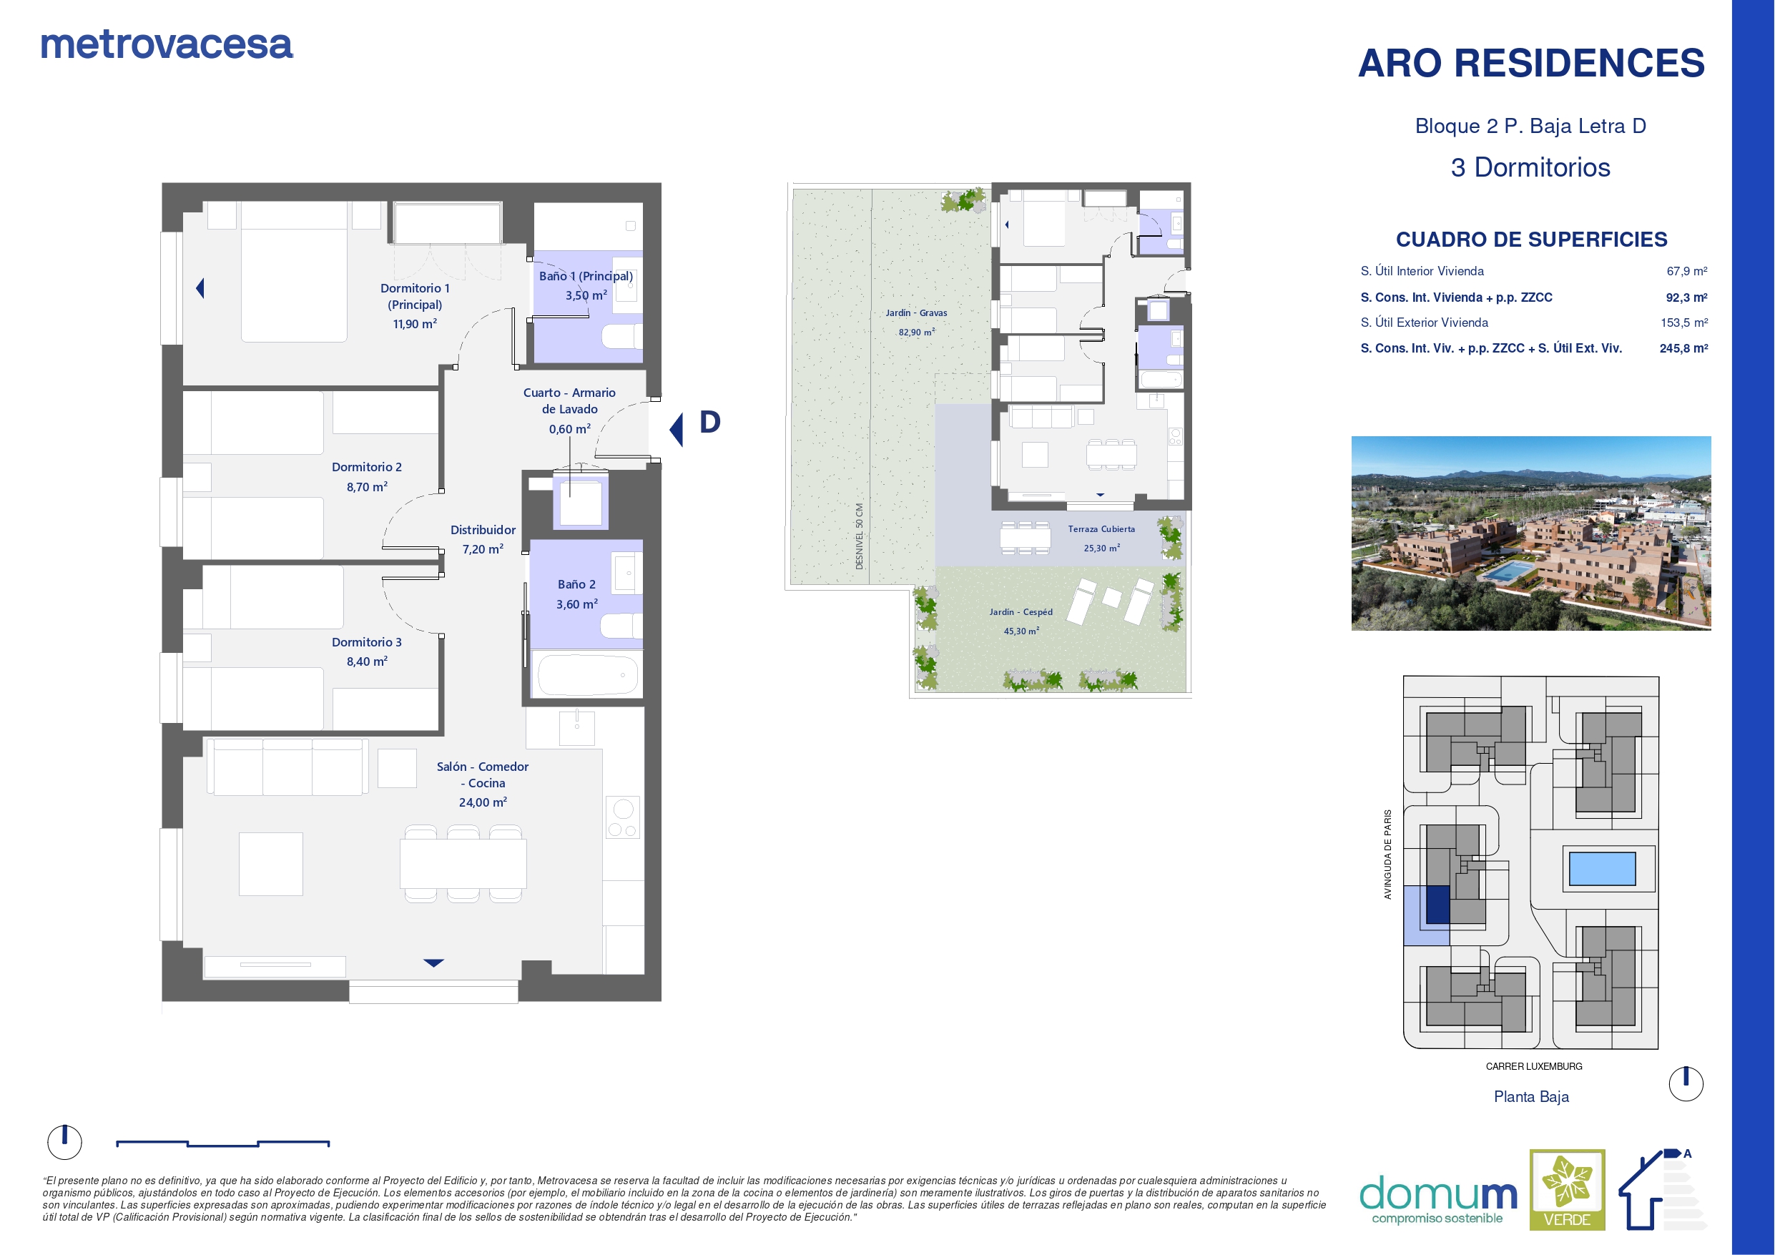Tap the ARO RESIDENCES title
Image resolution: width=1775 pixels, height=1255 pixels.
tap(1530, 64)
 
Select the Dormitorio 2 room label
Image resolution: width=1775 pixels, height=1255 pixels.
tap(366, 467)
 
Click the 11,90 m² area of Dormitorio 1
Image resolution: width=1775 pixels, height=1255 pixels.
tap(416, 324)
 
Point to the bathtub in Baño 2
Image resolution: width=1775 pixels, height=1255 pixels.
tap(588, 674)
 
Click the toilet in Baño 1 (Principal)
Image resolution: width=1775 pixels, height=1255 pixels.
tap(621, 336)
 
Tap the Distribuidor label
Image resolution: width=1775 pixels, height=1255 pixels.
tap(483, 530)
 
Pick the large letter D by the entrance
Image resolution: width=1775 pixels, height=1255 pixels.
tap(709, 422)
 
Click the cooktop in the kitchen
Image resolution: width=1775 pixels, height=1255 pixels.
tap(623, 817)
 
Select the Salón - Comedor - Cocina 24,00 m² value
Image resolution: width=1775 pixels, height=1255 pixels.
tap(483, 802)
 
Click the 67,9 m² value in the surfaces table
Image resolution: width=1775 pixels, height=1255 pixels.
tap(1687, 272)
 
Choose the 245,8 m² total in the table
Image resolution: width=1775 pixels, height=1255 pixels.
tap(1683, 349)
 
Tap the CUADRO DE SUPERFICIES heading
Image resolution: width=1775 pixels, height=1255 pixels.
tap(1531, 240)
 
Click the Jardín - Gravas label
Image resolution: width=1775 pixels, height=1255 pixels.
tap(916, 313)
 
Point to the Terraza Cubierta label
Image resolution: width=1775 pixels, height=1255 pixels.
tap(1101, 529)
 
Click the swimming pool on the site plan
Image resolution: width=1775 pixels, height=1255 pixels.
tap(1602, 868)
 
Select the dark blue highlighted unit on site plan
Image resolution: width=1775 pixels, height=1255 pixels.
tap(1437, 904)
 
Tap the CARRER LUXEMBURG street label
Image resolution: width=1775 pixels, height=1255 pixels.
tap(1534, 1066)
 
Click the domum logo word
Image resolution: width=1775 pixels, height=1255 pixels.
tap(1438, 1195)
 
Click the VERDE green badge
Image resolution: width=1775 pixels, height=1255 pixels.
tap(1567, 1189)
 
